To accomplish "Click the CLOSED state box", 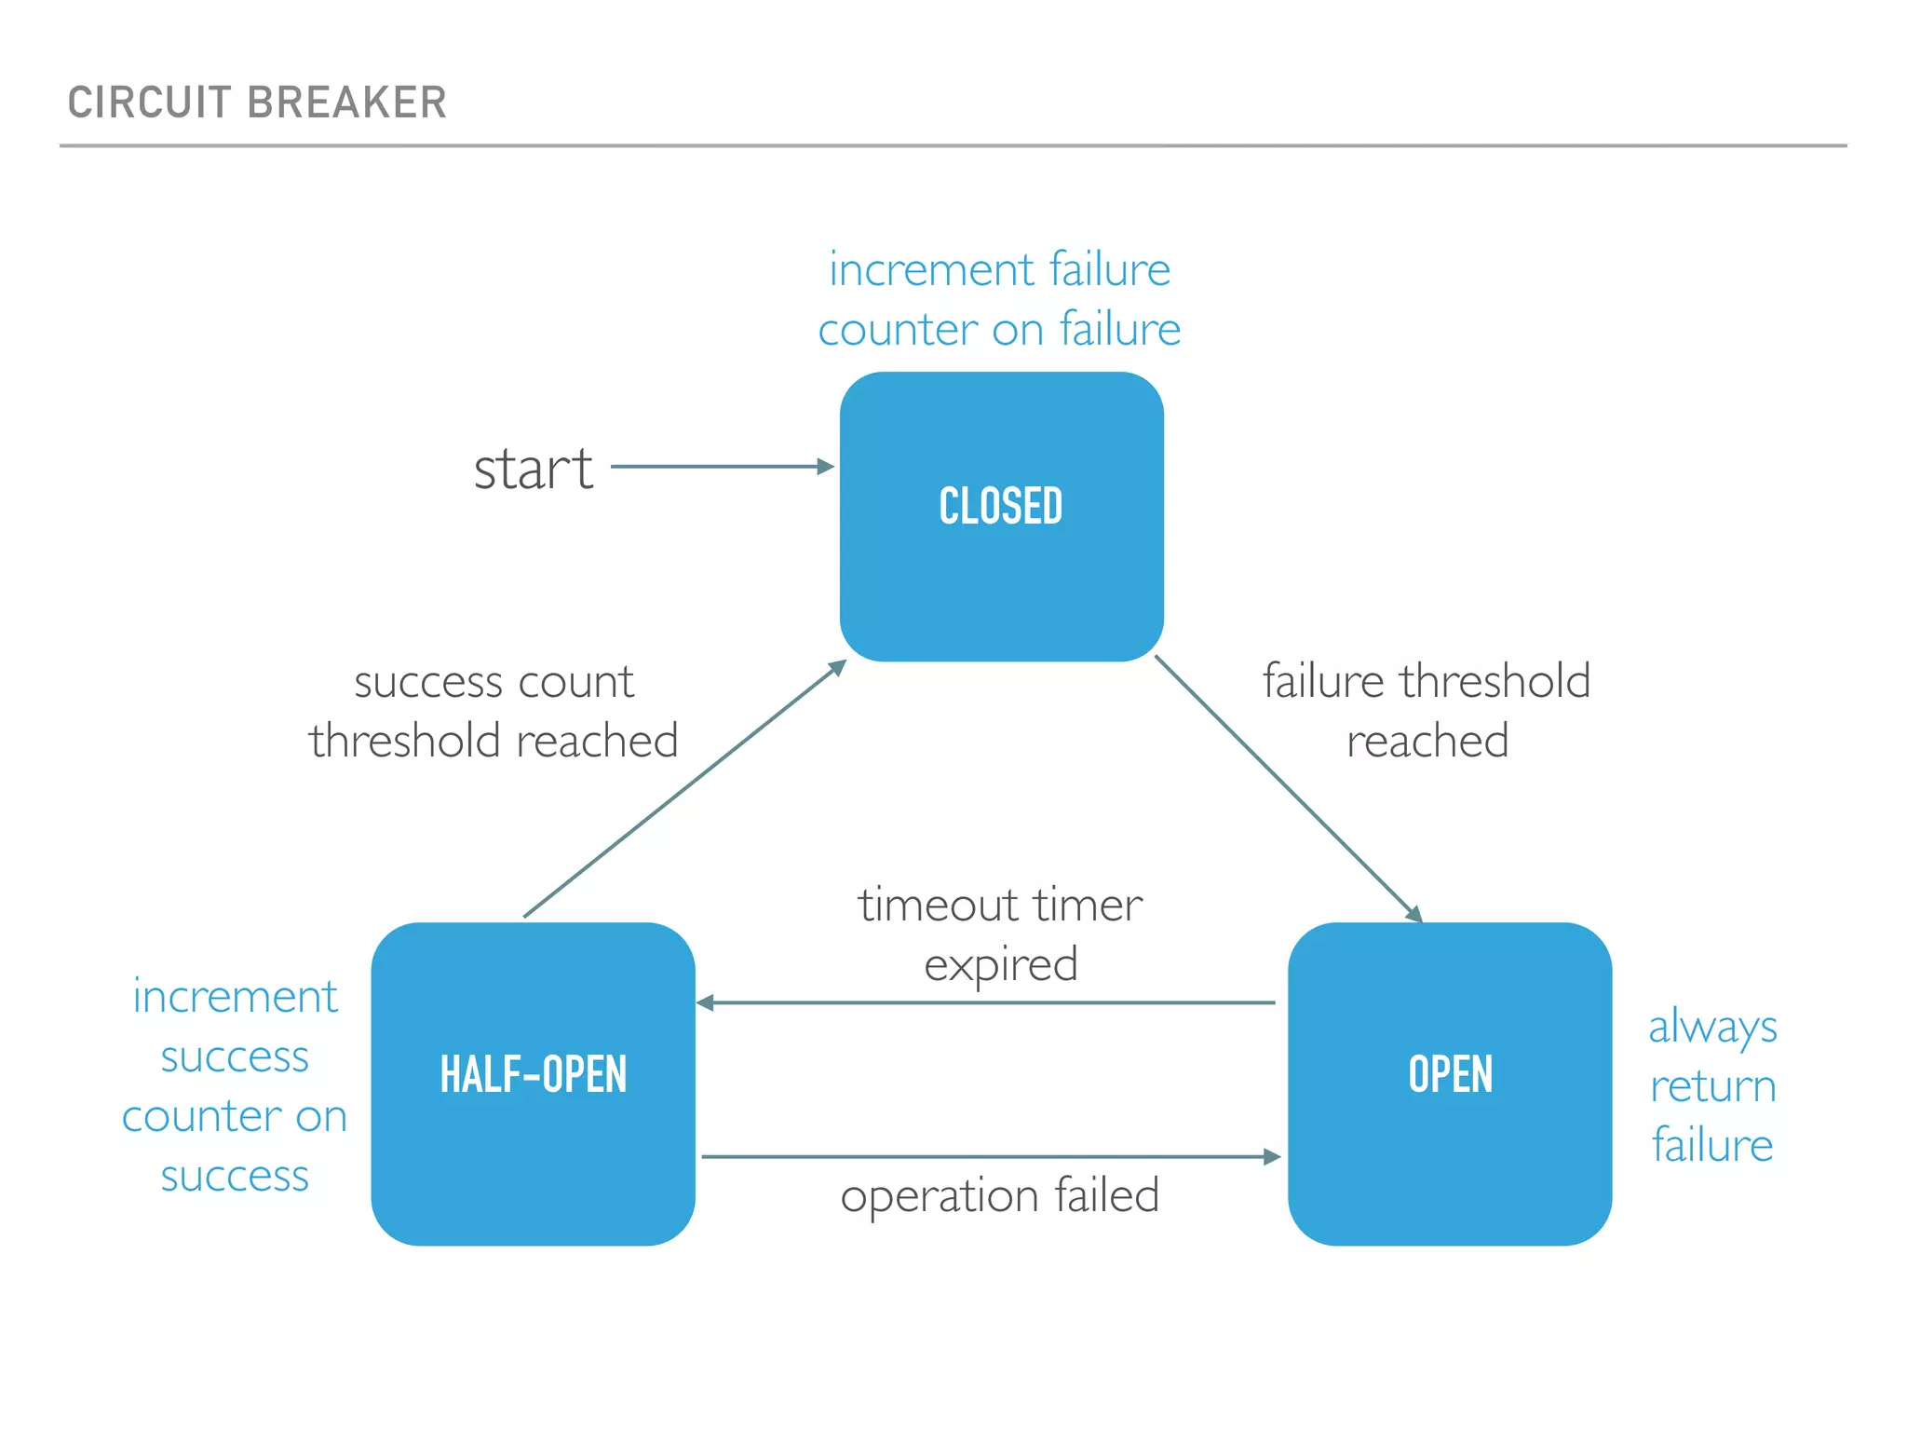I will (x=1001, y=517).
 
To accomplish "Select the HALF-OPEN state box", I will (x=533, y=1083).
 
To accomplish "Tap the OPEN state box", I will (x=1450, y=1083).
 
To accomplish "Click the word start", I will (x=533, y=469).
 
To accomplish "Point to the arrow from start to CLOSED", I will (x=722, y=467).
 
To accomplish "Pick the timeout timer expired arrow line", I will (x=987, y=1003).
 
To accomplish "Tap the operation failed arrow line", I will (x=987, y=1157).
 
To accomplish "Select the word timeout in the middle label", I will (x=938, y=906).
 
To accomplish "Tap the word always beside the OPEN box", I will (x=1712, y=1028).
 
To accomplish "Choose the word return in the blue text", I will (x=1712, y=1087).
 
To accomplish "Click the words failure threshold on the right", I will (x=1426, y=681).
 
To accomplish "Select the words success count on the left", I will (x=494, y=683).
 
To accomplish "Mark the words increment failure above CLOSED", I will (x=999, y=270).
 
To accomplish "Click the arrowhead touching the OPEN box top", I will (x=1415, y=915).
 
